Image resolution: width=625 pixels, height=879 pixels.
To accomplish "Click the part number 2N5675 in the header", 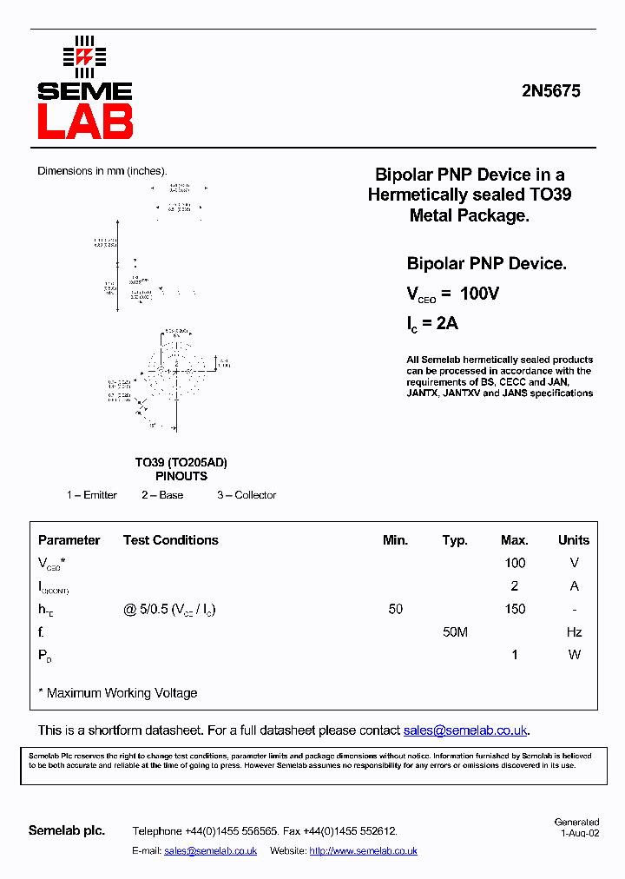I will tap(551, 90).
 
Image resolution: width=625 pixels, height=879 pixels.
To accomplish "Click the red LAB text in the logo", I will tap(85, 122).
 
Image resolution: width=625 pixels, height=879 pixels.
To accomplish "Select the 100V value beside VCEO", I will tap(479, 294).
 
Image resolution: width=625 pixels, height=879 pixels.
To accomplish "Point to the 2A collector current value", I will tap(446, 324).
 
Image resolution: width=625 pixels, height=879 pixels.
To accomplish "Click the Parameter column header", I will tap(69, 539).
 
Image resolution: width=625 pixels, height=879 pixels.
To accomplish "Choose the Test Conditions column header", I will tap(171, 539).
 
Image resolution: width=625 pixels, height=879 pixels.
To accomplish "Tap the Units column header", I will tap(574, 539).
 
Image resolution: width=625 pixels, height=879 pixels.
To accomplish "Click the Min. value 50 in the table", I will tap(396, 609).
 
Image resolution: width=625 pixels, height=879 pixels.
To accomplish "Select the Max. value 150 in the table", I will tap(515, 609).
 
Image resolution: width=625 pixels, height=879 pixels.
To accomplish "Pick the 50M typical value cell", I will tap(455, 632).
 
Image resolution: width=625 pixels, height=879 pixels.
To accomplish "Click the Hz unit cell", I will tap(574, 632).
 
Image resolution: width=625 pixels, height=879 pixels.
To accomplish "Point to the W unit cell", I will tap(574, 655).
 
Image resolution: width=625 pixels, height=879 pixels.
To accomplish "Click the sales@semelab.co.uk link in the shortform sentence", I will tap(465, 730).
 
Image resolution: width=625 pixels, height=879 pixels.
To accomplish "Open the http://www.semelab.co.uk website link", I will tap(363, 851).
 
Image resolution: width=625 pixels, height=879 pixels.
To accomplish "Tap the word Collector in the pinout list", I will tap(255, 495).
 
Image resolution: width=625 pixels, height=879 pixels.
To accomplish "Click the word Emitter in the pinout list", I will tap(100, 495).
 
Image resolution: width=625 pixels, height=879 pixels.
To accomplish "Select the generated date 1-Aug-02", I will tap(579, 832).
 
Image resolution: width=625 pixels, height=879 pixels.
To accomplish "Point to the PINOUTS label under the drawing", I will tap(181, 476).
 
